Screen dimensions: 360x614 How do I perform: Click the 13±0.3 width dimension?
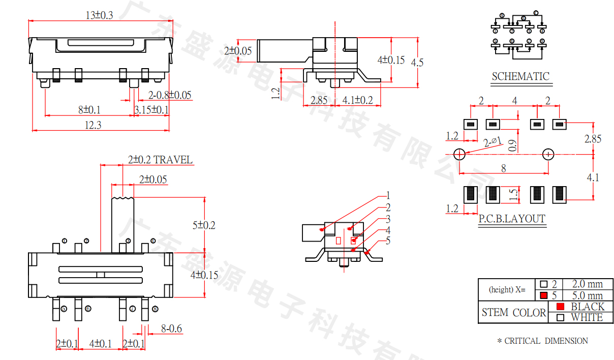click(x=100, y=16)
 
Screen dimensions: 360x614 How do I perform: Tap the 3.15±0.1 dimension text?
click(x=151, y=110)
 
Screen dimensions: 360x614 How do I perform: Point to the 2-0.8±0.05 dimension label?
click(x=170, y=95)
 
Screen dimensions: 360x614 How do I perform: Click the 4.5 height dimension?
click(x=417, y=63)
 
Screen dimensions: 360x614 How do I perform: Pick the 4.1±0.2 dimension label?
click(x=357, y=100)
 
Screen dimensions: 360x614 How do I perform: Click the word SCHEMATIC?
click(x=520, y=77)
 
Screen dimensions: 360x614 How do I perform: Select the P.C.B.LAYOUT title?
click(x=512, y=219)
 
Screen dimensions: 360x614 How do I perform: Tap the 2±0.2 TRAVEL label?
click(x=160, y=160)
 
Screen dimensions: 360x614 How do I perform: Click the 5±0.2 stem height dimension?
click(x=203, y=225)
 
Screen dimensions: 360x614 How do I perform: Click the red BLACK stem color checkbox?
click(x=560, y=307)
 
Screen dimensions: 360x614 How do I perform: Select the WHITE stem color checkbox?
click(x=560, y=318)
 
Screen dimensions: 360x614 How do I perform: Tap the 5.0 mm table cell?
click(x=587, y=295)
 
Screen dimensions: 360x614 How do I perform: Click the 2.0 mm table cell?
click(x=587, y=284)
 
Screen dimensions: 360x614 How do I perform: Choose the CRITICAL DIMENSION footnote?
click(x=542, y=341)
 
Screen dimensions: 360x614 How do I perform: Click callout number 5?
click(x=388, y=241)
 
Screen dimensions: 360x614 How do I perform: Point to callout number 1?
click(x=388, y=195)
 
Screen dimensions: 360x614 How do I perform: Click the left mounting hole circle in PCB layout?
click(x=458, y=154)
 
